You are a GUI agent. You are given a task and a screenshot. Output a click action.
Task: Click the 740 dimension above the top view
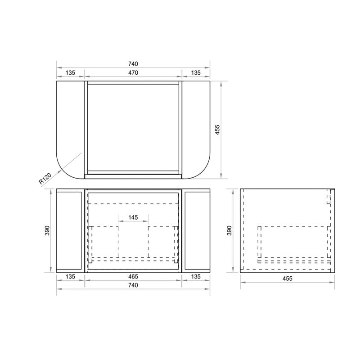click(x=133, y=63)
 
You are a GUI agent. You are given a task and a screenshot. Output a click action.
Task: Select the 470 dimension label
click(x=133, y=72)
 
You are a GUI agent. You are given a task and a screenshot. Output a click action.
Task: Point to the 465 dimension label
click(x=133, y=276)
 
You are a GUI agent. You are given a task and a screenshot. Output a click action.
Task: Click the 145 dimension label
click(x=133, y=217)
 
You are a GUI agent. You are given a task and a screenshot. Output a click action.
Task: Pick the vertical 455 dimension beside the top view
click(x=217, y=130)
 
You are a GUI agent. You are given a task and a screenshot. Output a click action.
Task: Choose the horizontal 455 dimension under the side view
click(x=288, y=279)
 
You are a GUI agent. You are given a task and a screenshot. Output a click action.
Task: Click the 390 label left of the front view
click(x=47, y=230)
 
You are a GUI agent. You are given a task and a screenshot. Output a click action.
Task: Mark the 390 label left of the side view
click(x=229, y=230)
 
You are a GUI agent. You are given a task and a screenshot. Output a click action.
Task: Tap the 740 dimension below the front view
click(x=133, y=285)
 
